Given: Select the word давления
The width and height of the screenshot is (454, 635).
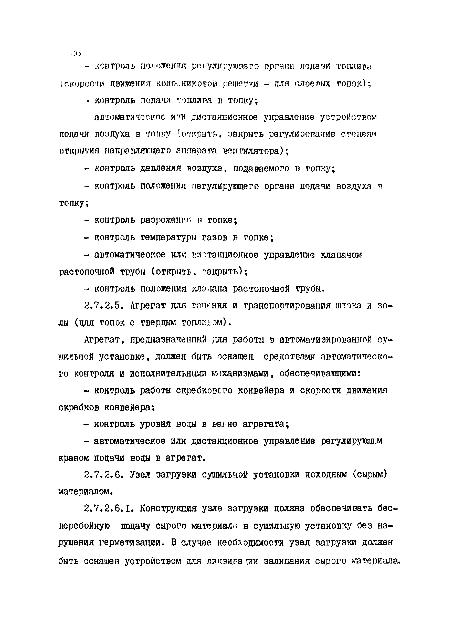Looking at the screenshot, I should point(161,168).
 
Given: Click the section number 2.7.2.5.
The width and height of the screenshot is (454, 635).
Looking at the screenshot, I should point(103,306).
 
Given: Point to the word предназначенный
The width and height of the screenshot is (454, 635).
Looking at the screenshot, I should point(168,340).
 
